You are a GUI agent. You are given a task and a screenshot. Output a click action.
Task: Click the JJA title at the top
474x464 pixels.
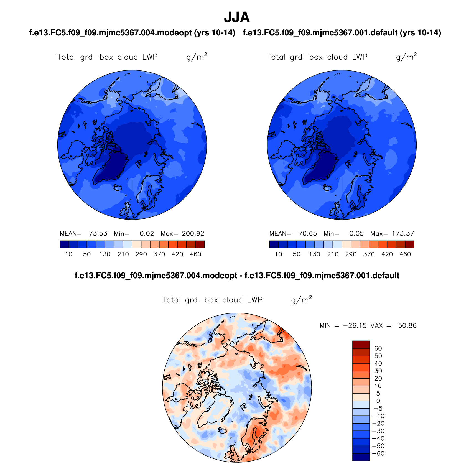click(x=237, y=17)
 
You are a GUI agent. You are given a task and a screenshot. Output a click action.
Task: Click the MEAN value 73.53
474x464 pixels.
click(x=98, y=234)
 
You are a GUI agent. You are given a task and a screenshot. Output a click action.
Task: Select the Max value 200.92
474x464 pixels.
click(x=193, y=234)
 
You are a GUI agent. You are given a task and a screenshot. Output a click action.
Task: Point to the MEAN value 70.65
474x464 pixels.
click(x=307, y=234)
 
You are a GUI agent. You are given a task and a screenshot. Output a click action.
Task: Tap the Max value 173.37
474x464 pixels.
click(x=403, y=234)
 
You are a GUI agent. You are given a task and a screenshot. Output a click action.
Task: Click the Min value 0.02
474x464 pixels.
click(x=147, y=234)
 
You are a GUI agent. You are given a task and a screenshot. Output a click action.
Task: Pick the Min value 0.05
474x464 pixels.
click(x=356, y=234)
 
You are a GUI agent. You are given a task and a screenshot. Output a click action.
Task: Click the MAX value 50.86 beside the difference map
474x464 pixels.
click(x=407, y=326)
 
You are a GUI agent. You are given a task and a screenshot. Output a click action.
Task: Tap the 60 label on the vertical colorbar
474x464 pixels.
click(x=378, y=348)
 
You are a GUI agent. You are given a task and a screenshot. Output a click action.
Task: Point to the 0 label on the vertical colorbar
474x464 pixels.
click(x=378, y=401)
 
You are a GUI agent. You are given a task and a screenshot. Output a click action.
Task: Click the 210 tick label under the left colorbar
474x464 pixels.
click(x=123, y=254)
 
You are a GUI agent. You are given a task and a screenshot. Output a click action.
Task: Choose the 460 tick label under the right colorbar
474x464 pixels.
click(x=405, y=254)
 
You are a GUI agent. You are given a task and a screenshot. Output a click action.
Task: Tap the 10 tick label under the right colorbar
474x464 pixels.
click(x=278, y=254)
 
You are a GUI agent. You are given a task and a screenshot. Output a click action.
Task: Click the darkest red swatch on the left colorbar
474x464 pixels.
click(x=200, y=244)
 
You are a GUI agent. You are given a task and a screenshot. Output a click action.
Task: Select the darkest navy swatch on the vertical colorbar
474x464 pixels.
click(x=361, y=457)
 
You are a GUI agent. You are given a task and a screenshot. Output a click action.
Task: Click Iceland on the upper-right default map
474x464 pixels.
click(x=328, y=188)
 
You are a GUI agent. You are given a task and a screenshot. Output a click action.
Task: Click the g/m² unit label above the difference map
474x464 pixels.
click(x=301, y=300)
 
